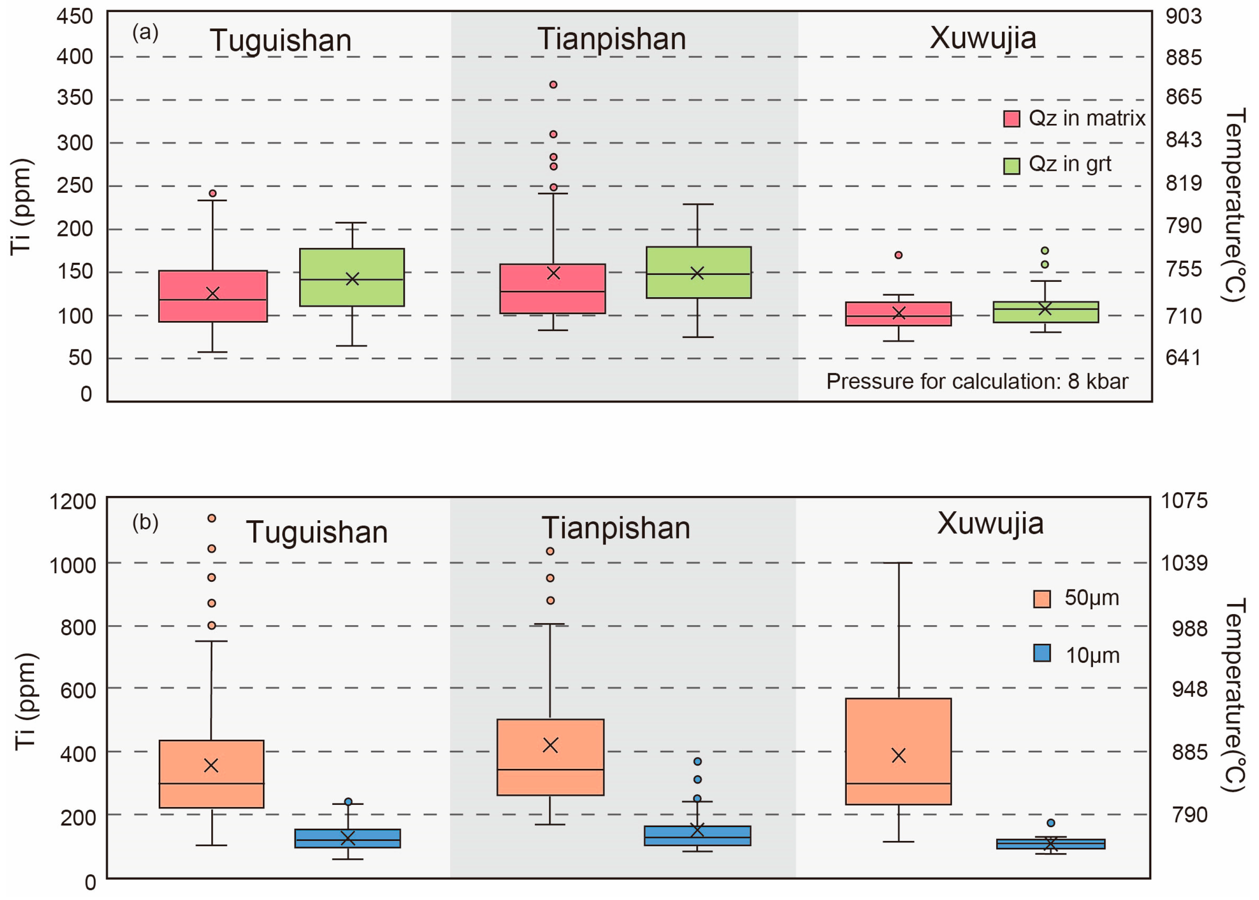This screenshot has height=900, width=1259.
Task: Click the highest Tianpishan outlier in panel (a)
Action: click(553, 85)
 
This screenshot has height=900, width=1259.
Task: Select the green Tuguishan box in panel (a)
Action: click(352, 277)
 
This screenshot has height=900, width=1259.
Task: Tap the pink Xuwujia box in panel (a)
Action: click(898, 314)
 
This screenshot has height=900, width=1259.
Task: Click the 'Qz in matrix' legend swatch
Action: click(1011, 119)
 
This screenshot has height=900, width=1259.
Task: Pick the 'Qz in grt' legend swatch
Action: click(1011, 166)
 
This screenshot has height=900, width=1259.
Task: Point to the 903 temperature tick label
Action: click(1184, 17)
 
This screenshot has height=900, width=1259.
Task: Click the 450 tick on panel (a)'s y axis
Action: click(75, 17)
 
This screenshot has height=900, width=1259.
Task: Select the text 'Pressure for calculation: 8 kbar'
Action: click(977, 381)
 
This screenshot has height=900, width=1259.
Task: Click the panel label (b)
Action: click(145, 522)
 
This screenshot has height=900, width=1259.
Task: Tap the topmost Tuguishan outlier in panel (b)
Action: click(212, 518)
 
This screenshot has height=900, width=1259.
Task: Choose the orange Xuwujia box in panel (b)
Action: click(898, 751)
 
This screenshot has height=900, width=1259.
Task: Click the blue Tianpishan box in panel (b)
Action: click(697, 835)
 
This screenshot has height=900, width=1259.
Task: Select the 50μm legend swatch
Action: click(1042, 598)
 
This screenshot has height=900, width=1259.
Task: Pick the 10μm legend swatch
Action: click(1042, 653)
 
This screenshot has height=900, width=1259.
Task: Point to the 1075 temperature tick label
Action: click(1184, 501)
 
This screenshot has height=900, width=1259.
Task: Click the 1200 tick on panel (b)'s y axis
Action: click(72, 502)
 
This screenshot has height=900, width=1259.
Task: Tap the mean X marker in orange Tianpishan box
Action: click(550, 745)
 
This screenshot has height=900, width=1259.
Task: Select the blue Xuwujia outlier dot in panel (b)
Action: click(1051, 823)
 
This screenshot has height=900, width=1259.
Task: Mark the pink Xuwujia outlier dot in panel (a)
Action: click(898, 255)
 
